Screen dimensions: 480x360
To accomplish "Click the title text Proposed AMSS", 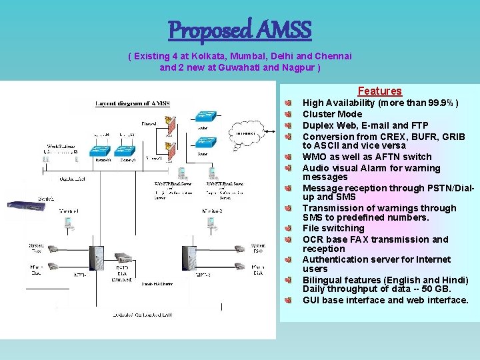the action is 240,29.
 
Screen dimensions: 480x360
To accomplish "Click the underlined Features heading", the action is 379,91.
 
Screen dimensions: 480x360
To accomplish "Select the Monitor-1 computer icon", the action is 69,225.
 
